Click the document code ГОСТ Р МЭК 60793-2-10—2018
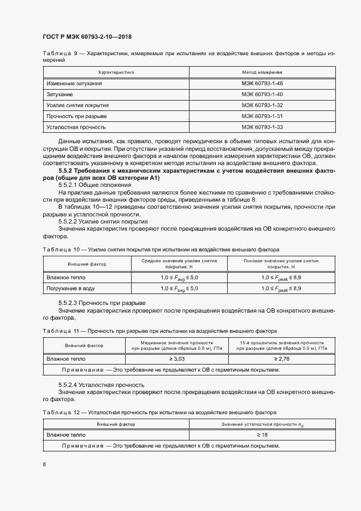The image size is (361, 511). tap(87, 37)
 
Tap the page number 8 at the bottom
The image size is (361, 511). tap(44, 464)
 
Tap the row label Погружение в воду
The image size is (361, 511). tap(70, 288)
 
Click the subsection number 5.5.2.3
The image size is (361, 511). tap(68, 303)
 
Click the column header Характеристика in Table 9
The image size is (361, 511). tap(116, 72)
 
